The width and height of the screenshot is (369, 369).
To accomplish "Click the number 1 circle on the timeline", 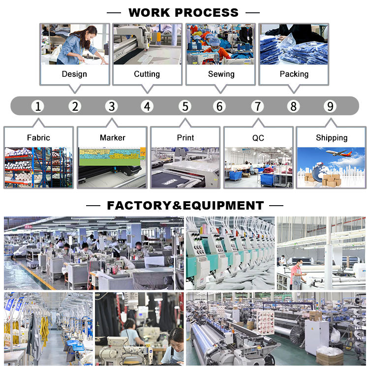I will coord(38,106).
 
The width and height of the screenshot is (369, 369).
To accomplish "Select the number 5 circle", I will coord(184,106).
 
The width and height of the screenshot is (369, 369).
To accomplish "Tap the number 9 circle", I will coord(330,106).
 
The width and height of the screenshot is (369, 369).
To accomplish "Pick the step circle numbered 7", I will coord(257,106).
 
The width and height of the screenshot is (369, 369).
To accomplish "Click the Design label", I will coord(74,74).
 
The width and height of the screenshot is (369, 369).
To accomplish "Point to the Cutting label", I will coord(147,74).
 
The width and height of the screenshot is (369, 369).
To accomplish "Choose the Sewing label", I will coord(221,74).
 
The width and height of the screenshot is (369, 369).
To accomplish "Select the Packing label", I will coord(294,74).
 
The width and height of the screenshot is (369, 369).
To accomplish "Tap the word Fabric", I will coord(38,138).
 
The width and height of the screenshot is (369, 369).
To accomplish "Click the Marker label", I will coord(112,138).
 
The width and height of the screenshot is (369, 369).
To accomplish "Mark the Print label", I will coord(185,138).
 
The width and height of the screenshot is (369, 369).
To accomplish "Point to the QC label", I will coord(258,138).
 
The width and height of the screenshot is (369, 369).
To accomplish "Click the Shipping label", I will coord(331,138).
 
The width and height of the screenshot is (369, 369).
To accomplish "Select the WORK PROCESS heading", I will coord(184,13).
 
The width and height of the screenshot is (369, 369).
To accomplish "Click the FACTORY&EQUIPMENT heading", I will coord(185,205).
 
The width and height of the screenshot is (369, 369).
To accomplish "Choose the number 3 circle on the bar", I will coord(112,106).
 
